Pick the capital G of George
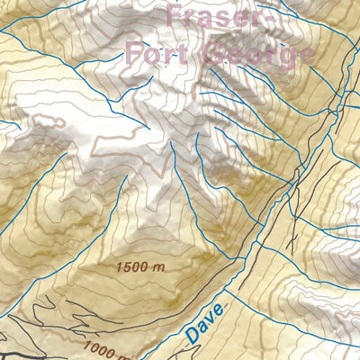216,53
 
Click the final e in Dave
222,310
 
